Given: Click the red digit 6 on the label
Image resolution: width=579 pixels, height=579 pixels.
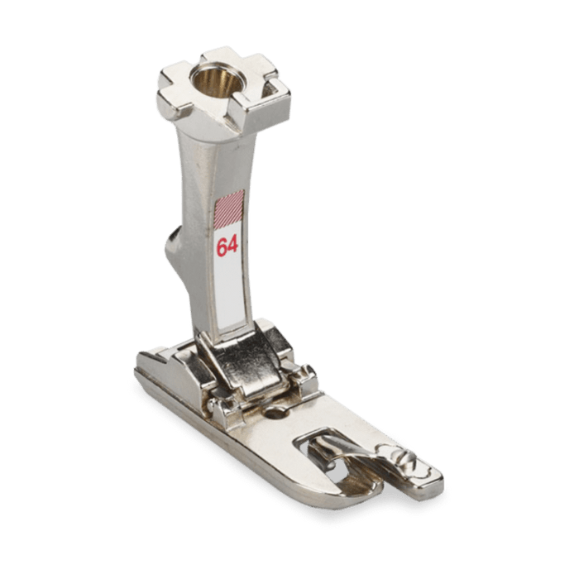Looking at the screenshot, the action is click(223, 247).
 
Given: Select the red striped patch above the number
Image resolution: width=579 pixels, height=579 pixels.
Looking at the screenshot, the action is click(229, 208).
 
